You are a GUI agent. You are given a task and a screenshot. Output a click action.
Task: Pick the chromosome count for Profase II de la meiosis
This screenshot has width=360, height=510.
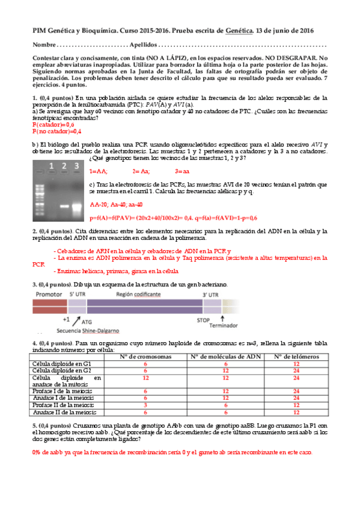point(145,405)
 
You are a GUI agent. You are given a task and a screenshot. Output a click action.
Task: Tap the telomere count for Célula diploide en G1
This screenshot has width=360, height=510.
point(296,364)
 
